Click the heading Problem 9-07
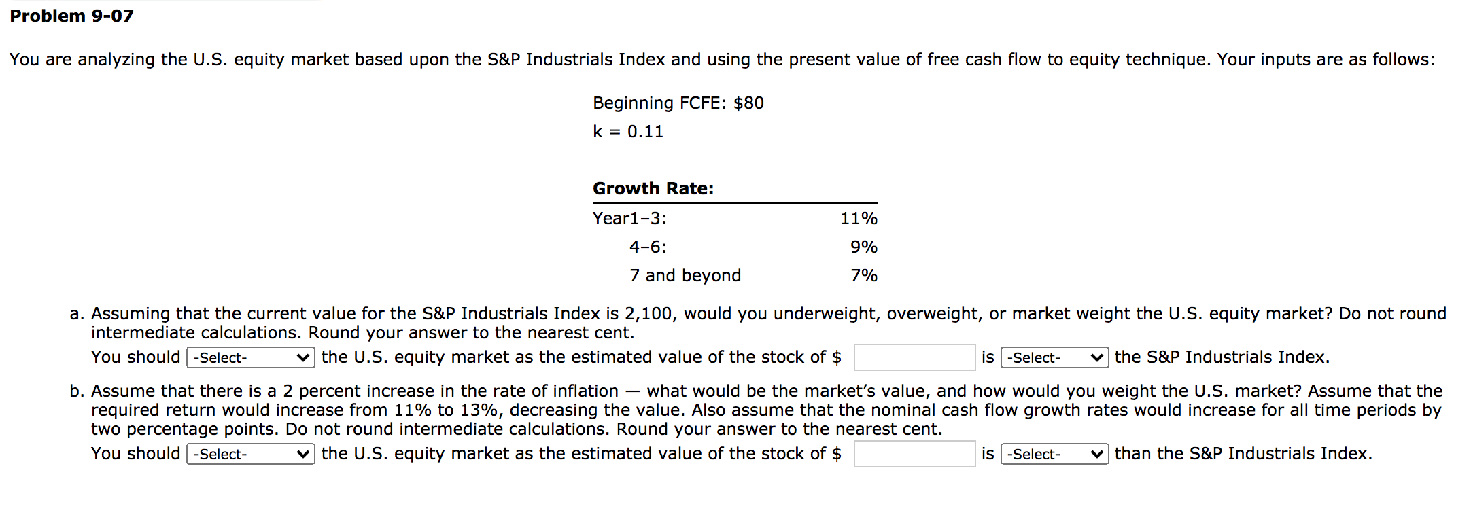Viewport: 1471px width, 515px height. click(71, 16)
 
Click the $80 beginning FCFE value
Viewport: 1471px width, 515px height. click(748, 103)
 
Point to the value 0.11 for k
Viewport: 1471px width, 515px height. click(645, 132)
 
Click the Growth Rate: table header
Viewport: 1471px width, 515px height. click(653, 189)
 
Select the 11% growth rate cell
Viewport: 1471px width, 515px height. click(859, 219)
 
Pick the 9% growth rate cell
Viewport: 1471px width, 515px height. click(863, 247)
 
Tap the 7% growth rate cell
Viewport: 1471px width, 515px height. click(863, 276)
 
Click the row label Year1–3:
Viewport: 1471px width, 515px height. click(629, 219)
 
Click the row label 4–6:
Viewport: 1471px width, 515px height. click(648, 247)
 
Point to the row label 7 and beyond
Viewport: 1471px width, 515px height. click(685, 276)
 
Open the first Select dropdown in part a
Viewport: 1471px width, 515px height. click(250, 357)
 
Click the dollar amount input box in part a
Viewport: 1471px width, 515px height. click(914, 357)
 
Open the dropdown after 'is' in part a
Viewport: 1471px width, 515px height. click(1054, 357)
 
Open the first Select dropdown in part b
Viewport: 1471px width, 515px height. click(250, 454)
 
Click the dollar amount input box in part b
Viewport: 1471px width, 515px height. click(914, 454)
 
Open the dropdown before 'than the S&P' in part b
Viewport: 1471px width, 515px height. click(1054, 454)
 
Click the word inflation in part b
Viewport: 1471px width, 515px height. click(584, 391)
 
